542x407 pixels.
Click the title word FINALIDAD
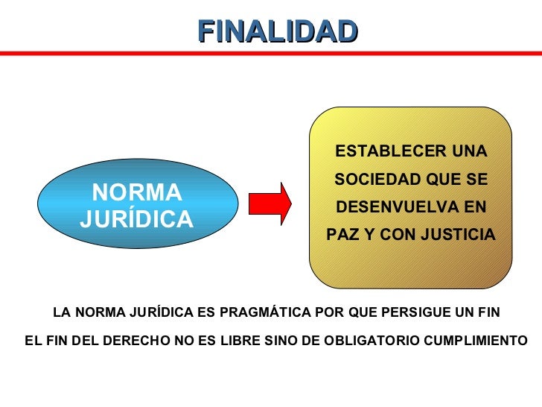(278, 31)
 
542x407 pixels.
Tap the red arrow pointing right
(269, 203)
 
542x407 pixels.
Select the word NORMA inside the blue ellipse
(136, 193)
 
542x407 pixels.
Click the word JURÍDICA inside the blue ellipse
(136, 219)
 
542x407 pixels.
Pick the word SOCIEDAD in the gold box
(375, 180)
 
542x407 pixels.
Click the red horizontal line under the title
(271, 53)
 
